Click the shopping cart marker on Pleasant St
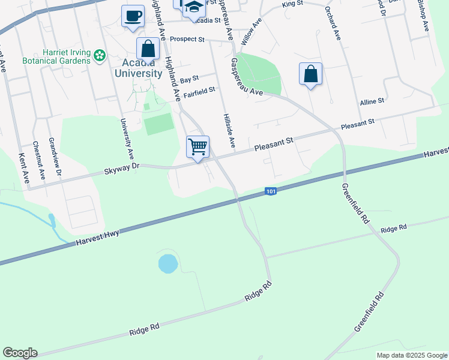pos(197,146)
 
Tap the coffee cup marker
pos(133,15)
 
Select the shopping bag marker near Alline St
pos(310,74)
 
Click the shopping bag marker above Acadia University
pos(148,49)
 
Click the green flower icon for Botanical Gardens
pos(100,57)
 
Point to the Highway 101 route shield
pos(270,191)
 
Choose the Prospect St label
pos(187,39)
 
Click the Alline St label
pos(372,103)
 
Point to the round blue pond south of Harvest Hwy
pos(168,263)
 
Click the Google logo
pos(20,353)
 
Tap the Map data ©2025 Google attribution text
pos(411,355)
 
